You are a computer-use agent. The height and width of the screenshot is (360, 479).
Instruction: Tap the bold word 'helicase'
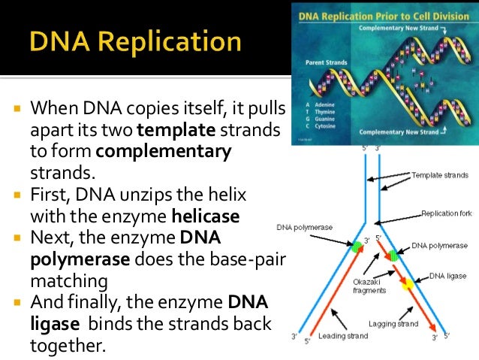[x=205, y=216]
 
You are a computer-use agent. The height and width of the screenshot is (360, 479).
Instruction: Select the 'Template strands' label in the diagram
[x=441, y=175]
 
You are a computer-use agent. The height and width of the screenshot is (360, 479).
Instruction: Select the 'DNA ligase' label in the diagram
[x=448, y=276]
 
